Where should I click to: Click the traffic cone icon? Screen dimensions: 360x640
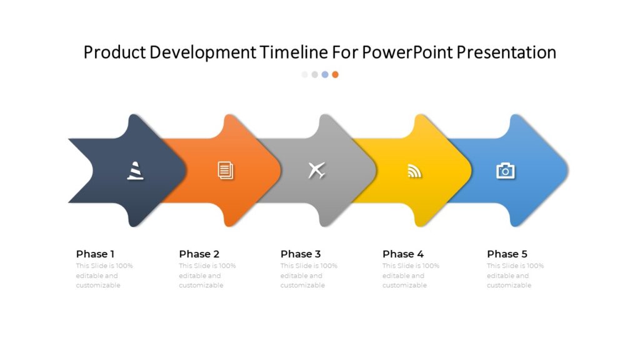135,170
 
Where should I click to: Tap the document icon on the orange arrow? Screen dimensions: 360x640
226,170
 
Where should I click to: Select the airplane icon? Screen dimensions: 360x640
317,170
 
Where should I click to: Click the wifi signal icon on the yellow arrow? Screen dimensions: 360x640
414,171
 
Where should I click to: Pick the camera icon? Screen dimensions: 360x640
505,170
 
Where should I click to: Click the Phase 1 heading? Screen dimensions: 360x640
95,254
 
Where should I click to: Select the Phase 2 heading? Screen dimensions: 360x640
199,254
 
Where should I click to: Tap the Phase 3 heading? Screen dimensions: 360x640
300,254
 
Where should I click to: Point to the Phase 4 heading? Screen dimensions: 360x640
402,254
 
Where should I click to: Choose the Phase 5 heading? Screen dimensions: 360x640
507,254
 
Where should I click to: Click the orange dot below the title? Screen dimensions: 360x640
335,74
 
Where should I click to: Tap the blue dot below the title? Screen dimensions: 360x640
325,74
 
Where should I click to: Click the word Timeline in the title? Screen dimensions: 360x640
294,52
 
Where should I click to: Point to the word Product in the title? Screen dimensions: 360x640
115,52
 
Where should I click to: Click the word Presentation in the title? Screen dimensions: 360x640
506,52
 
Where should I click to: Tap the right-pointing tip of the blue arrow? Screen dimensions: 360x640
566,170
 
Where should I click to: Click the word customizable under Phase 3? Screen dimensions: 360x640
302,285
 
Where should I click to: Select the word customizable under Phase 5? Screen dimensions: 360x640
509,285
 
